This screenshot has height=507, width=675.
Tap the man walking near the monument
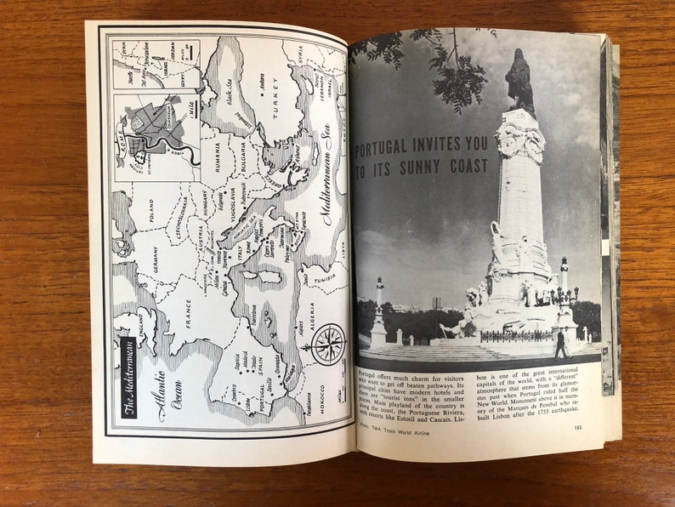tap(559, 342)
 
